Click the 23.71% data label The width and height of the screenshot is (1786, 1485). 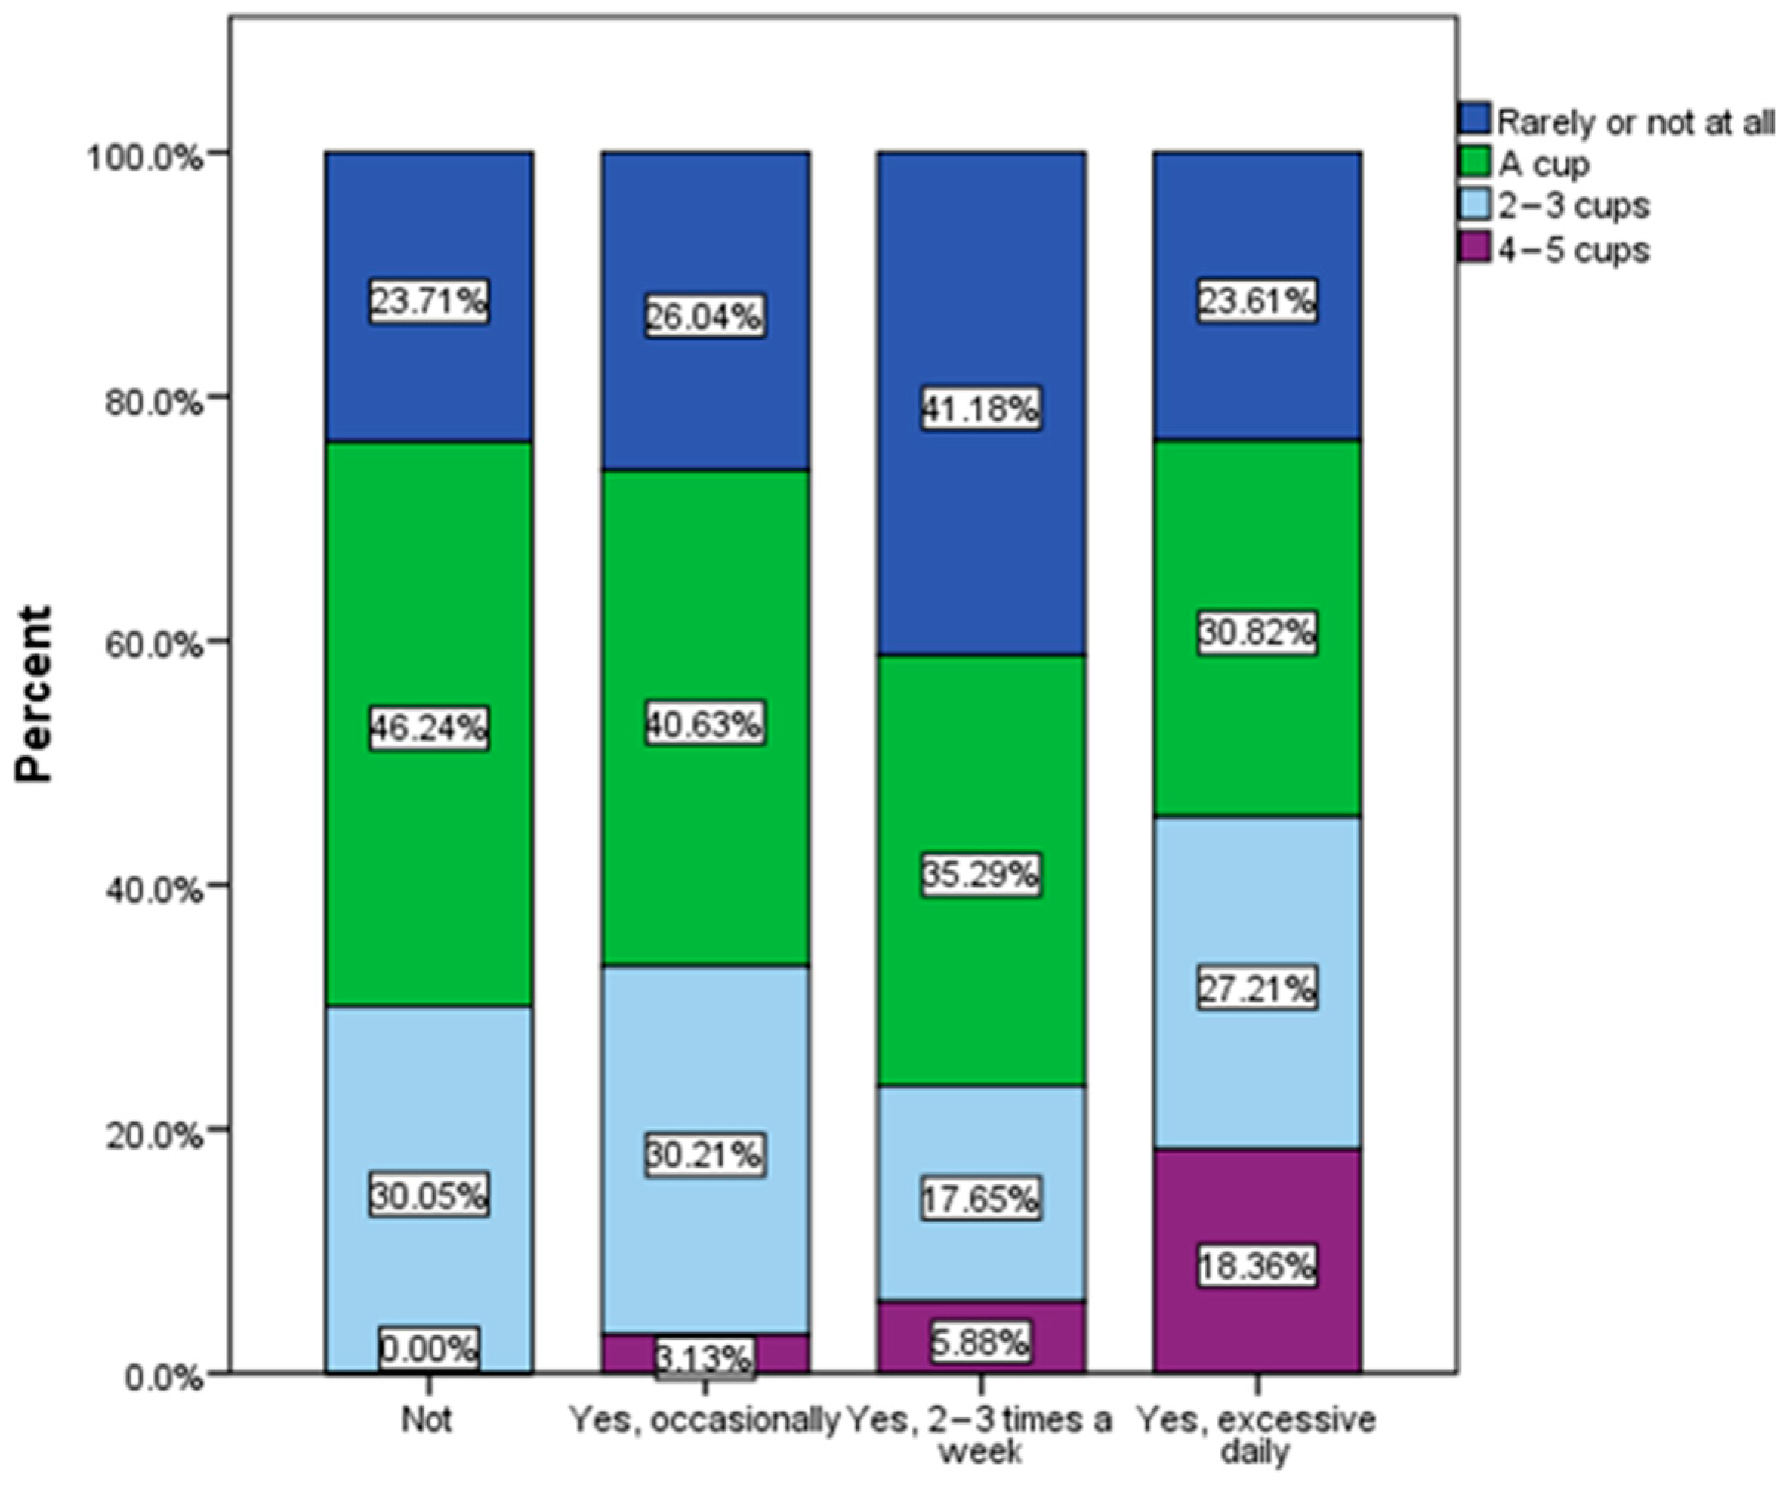click(429, 302)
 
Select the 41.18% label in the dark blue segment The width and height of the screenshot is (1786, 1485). click(982, 409)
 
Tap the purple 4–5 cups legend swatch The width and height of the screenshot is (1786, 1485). click(1475, 249)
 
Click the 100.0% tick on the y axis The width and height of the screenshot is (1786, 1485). click(147, 156)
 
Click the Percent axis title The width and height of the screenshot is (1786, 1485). click(35, 693)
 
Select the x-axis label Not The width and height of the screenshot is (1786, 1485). click(427, 1420)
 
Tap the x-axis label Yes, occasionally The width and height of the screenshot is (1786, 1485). click(703, 1420)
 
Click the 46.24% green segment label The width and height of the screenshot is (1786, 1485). click(429, 728)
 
